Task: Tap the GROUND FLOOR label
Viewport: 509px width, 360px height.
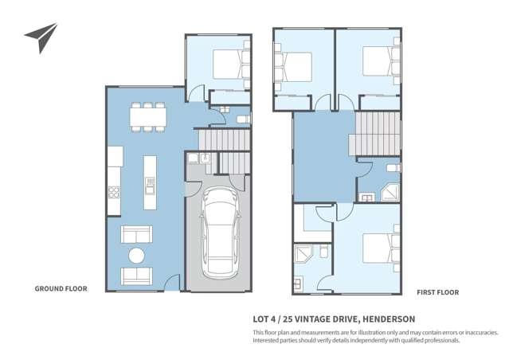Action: point(61,288)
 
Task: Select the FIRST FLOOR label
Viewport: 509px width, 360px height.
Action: point(438,292)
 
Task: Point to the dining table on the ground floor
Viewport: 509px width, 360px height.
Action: point(148,117)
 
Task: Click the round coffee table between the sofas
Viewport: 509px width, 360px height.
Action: point(136,256)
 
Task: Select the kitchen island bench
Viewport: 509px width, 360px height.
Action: point(150,182)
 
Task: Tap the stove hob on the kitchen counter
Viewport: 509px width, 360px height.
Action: point(114,192)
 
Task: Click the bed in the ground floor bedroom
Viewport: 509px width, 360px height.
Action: point(232,64)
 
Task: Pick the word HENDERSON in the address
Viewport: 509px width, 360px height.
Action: point(389,319)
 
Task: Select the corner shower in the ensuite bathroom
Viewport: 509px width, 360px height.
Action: point(303,253)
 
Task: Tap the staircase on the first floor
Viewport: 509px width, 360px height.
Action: point(375,134)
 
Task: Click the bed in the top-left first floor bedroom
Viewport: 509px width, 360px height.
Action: point(293,67)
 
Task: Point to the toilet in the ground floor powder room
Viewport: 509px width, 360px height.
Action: point(244,119)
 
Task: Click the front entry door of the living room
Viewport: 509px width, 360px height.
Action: point(172,283)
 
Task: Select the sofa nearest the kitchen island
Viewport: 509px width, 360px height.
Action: point(136,234)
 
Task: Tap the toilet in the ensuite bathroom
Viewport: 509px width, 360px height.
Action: point(324,251)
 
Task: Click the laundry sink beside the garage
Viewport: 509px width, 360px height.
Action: point(205,158)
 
